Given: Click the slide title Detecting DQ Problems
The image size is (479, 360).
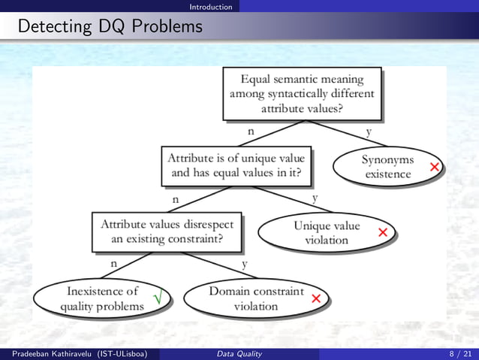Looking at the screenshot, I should [x=110, y=27].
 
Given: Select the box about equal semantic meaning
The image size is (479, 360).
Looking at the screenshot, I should [x=302, y=93].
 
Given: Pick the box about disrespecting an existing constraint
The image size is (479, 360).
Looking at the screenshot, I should [x=167, y=231].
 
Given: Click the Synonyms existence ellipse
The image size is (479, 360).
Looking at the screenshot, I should [x=387, y=167].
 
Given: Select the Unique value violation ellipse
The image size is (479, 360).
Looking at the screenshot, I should [x=327, y=233].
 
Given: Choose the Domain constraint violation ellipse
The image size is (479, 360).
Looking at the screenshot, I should [x=256, y=298].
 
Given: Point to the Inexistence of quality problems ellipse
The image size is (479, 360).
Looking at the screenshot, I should [x=103, y=298].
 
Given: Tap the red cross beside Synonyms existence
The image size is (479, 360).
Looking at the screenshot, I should [x=434, y=166].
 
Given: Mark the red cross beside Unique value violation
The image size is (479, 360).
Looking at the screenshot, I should [x=383, y=232].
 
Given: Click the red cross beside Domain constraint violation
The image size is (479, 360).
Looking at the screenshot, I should [x=316, y=299].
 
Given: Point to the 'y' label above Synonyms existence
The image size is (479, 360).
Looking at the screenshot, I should [x=368, y=132].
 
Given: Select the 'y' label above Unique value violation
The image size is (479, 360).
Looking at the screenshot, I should [x=315, y=198].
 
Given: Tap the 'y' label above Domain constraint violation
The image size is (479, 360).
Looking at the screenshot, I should [x=246, y=265].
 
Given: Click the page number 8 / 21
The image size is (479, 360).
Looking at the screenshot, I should [x=456, y=353].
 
